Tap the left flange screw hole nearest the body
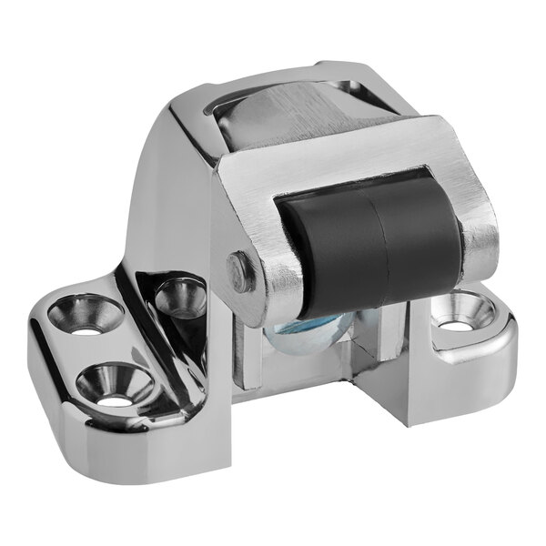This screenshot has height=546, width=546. [x=180, y=298]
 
